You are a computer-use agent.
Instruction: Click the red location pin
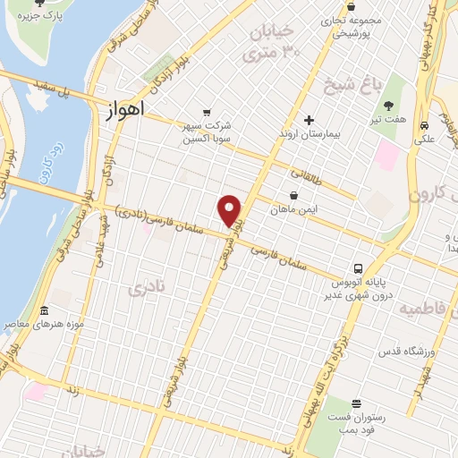(x=231, y=210)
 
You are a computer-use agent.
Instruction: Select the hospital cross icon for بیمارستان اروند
(x=310, y=120)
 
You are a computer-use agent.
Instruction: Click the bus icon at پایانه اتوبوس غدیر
(x=358, y=267)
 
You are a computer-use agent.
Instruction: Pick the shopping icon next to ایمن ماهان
(x=293, y=196)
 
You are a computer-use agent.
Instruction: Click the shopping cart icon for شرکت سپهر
(x=208, y=113)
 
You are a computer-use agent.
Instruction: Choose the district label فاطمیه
(x=426, y=310)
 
